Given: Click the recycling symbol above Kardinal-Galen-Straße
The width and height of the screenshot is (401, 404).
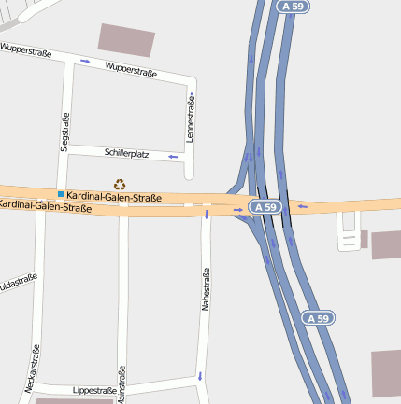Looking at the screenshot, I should click(x=120, y=185).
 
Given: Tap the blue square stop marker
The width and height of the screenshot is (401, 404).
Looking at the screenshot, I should click(x=61, y=194).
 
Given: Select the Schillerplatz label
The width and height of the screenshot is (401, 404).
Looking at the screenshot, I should click(x=127, y=153).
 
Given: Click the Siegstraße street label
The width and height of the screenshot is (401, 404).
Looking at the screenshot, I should click(x=64, y=132).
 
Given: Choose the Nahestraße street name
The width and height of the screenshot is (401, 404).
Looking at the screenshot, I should click(x=207, y=288).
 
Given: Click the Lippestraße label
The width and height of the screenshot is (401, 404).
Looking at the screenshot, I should click(x=94, y=390).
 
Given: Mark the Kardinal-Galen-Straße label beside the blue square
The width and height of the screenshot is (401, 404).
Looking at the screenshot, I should click(x=114, y=198).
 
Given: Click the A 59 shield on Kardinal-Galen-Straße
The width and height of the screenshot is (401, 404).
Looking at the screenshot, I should click(x=265, y=205).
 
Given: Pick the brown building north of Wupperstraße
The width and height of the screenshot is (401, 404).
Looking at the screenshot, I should click(x=126, y=40).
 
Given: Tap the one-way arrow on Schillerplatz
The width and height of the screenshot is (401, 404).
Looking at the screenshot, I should click(x=173, y=157).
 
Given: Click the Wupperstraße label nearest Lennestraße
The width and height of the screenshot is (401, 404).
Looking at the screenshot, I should click(x=131, y=70).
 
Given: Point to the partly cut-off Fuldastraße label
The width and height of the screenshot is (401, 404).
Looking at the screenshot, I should click(x=18, y=281).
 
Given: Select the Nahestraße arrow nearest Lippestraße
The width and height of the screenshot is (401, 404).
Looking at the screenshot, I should click(x=200, y=376).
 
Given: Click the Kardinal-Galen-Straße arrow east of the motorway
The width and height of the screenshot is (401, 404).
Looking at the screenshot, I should click(x=303, y=206).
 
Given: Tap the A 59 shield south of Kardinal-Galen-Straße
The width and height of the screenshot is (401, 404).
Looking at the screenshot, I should click(x=318, y=318).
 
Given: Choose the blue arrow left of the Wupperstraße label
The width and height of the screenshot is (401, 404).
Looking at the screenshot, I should click(x=86, y=62).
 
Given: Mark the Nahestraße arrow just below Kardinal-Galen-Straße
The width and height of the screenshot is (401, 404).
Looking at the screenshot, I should click(x=207, y=216).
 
